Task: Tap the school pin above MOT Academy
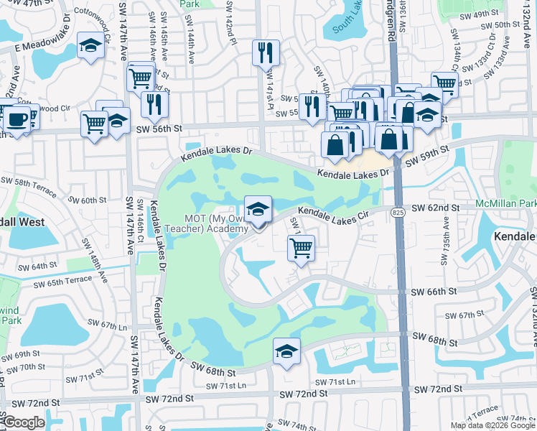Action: point(258,210)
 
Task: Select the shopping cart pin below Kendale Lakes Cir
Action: point(301,249)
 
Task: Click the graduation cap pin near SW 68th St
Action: point(286,351)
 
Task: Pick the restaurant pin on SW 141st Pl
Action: point(266,52)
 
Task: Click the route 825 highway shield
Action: point(397,213)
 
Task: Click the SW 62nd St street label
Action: point(437,208)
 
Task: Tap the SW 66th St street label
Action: point(434,292)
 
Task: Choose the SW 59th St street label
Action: point(426,154)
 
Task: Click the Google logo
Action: point(23,422)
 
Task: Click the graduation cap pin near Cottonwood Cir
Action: point(90,47)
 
